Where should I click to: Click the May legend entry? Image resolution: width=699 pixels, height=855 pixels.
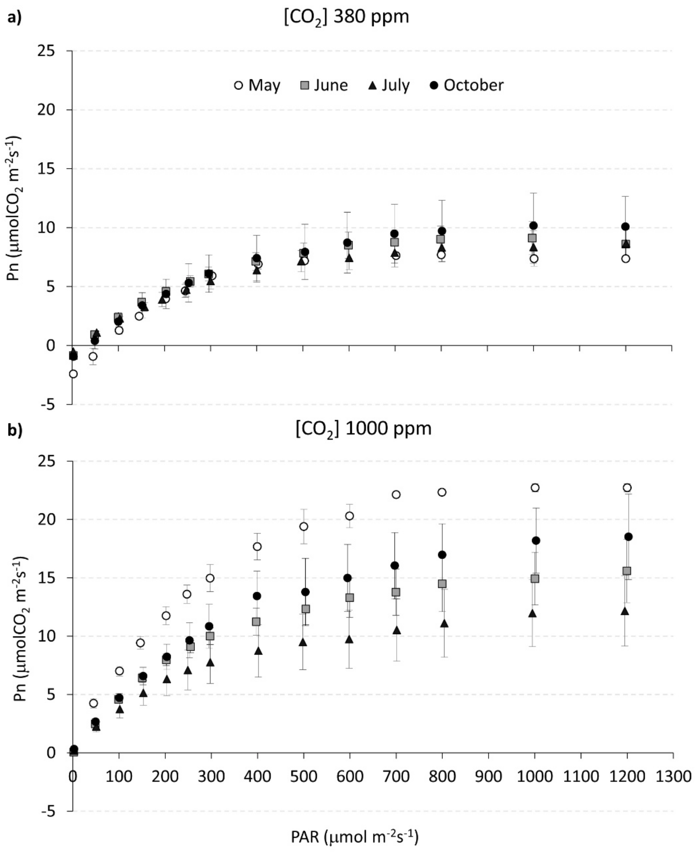click(258, 85)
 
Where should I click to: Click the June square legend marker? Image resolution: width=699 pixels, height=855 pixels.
click(305, 85)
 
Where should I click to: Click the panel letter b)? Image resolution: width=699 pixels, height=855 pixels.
click(15, 430)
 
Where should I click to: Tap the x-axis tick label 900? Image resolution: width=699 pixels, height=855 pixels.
click(488, 776)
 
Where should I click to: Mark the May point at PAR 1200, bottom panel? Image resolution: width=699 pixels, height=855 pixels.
click(627, 487)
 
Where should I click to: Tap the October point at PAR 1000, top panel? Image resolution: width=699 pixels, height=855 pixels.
click(533, 226)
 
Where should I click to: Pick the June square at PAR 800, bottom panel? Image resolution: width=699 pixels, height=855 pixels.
click(442, 584)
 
